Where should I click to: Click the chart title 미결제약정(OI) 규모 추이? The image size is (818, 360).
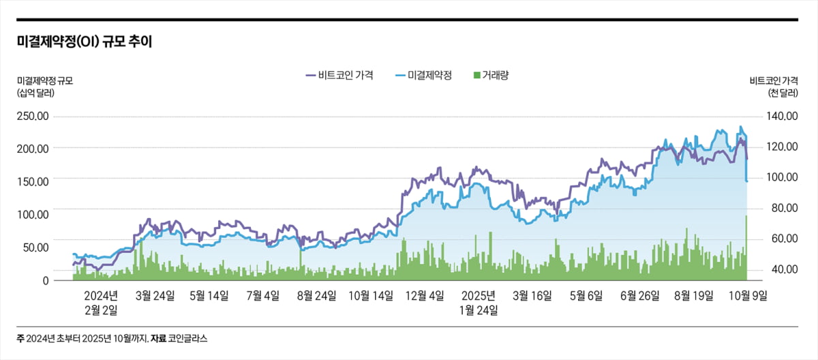click(85, 42)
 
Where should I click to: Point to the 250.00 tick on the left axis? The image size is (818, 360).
click(33, 116)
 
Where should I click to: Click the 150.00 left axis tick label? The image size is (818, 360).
click(33, 181)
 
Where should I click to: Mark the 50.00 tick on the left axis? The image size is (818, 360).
click(35, 247)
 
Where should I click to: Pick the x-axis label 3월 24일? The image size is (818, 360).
click(155, 295)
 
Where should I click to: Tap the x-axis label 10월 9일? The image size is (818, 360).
click(748, 295)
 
